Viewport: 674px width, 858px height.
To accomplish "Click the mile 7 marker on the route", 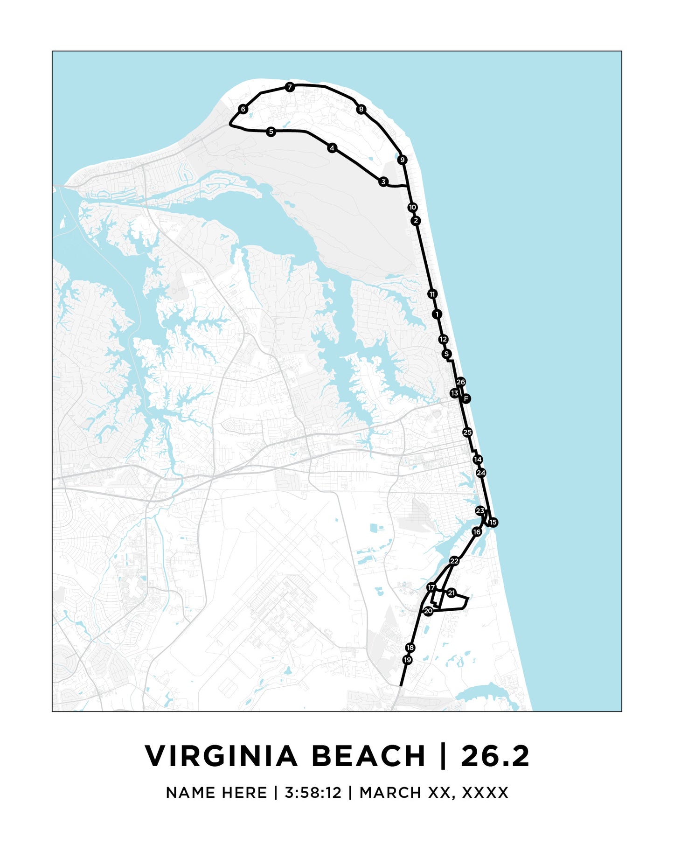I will point(290,87).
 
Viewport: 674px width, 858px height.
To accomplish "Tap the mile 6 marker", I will point(243,109).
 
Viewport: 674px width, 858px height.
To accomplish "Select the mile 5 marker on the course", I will point(271,132).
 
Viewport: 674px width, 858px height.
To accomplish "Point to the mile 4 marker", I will point(332,148).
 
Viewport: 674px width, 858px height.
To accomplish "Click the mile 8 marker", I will point(361,109).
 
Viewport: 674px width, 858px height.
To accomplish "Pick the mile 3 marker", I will point(383,181).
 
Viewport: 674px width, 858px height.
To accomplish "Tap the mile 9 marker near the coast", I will point(403,160).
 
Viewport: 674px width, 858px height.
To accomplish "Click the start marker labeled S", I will point(446,354).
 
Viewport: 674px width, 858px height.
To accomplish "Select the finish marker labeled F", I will point(466,398).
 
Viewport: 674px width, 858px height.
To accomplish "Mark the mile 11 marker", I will point(432,294).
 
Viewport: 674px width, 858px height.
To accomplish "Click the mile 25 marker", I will point(467,432).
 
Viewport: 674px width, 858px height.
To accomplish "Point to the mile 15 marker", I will point(493,523).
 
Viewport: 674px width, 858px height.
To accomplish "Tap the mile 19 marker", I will point(408,660).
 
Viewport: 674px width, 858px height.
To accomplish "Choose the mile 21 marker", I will point(451,593).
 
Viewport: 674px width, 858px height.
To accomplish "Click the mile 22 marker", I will point(454,561).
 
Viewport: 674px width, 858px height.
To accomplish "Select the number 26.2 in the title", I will point(495,756).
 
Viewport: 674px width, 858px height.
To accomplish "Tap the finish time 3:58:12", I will point(313,793).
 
